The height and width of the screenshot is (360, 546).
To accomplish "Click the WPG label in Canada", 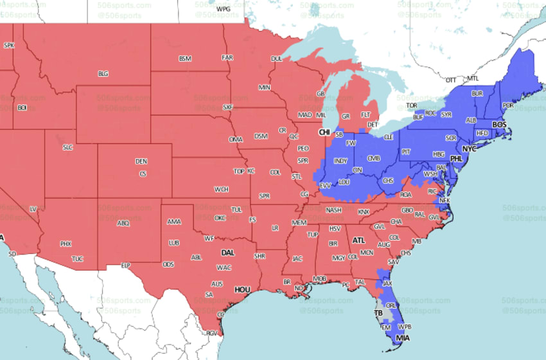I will tap(223, 9).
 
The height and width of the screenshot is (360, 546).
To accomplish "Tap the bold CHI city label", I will tap(326, 132).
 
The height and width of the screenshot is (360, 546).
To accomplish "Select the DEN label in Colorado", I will tap(141, 161).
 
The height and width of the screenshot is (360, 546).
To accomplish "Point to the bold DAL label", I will tap(227, 253).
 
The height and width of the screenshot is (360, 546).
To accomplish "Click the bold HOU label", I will tap(242, 290).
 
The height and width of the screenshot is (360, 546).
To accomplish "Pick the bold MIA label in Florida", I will tap(402, 337).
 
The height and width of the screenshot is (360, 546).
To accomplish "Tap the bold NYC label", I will tap(470, 148).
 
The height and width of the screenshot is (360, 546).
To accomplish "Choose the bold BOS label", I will tap(499, 124).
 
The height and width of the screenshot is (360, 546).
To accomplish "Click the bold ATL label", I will tap(358, 240).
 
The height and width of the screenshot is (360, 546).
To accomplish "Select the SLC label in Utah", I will tap(67, 147).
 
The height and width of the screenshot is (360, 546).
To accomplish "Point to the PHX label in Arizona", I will tap(66, 244).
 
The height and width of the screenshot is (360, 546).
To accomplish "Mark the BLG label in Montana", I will tap(103, 73).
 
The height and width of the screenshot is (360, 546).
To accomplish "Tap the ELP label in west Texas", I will tap(127, 265).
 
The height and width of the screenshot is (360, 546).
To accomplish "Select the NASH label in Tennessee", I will tap(333, 210).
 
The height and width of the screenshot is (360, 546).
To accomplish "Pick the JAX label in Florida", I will tap(387, 283).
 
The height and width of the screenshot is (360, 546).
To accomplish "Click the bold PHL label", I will tap(456, 158).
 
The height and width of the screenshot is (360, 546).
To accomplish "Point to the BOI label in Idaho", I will tap(22, 107).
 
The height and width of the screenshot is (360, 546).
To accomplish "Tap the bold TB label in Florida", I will tap(378, 313).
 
